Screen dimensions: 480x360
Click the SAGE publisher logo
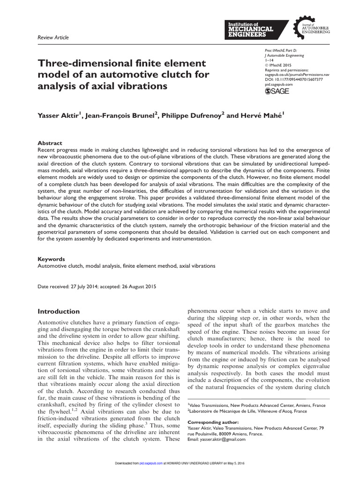[x=277, y=91]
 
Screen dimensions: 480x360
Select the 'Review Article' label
[x=52, y=37]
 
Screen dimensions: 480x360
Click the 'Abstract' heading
[x=50, y=143]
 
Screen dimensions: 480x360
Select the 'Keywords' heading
[x=51, y=259]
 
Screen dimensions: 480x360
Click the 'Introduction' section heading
[x=59, y=312]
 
